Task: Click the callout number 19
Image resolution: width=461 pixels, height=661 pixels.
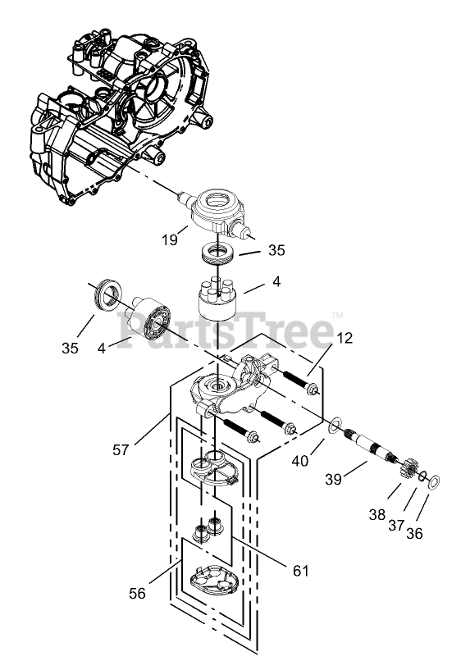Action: pyautogui.click(x=170, y=239)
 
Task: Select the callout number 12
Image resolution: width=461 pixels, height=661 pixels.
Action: pyautogui.click(x=345, y=338)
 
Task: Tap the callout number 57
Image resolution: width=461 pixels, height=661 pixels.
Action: pyautogui.click(x=121, y=449)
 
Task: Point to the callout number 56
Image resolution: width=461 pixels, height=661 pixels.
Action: pyautogui.click(x=137, y=594)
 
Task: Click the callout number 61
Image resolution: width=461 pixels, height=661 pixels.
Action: pyautogui.click(x=301, y=571)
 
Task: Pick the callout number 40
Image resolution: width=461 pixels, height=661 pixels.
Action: pyautogui.click(x=300, y=461)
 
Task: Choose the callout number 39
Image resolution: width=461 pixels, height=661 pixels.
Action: pyautogui.click(x=333, y=479)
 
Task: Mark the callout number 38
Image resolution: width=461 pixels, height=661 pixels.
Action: pyautogui.click(x=377, y=515)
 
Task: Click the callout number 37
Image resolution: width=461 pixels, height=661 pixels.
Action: pyautogui.click(x=396, y=525)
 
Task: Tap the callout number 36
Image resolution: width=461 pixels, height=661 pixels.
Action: pyautogui.click(x=414, y=534)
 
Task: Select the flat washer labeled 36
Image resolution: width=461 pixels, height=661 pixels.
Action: pyautogui.click(x=434, y=482)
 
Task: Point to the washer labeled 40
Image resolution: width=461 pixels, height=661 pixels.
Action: pyautogui.click(x=335, y=426)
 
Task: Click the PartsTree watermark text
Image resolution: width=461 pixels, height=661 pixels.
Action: pyautogui.click(x=226, y=330)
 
